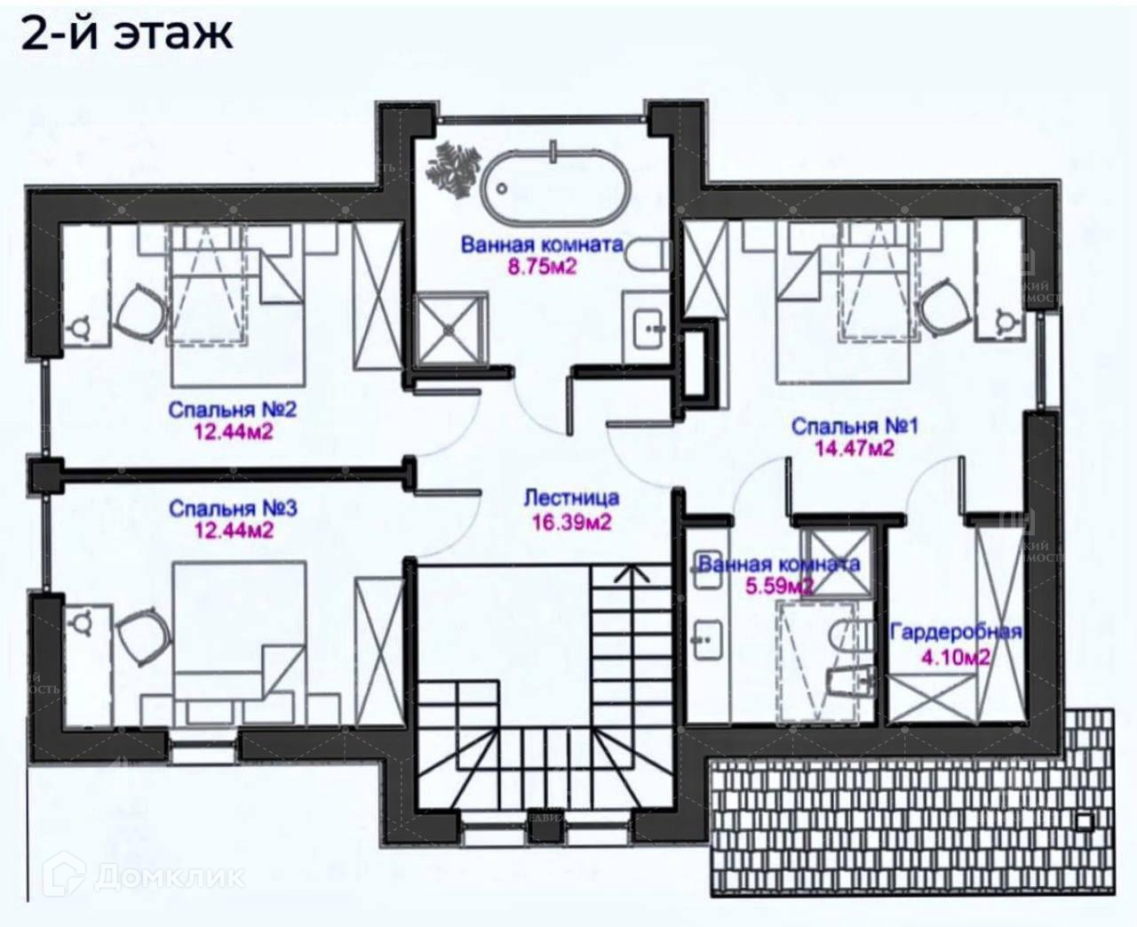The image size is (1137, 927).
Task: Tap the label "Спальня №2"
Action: coord(233,411)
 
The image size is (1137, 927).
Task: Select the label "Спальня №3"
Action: coord(233,509)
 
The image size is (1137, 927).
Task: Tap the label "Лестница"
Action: coord(571,499)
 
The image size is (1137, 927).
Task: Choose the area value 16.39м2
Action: coord(571,522)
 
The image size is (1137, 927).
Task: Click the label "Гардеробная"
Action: coord(956,633)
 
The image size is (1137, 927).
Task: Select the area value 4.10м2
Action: coord(956,658)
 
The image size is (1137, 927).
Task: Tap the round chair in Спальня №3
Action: coord(142,635)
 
